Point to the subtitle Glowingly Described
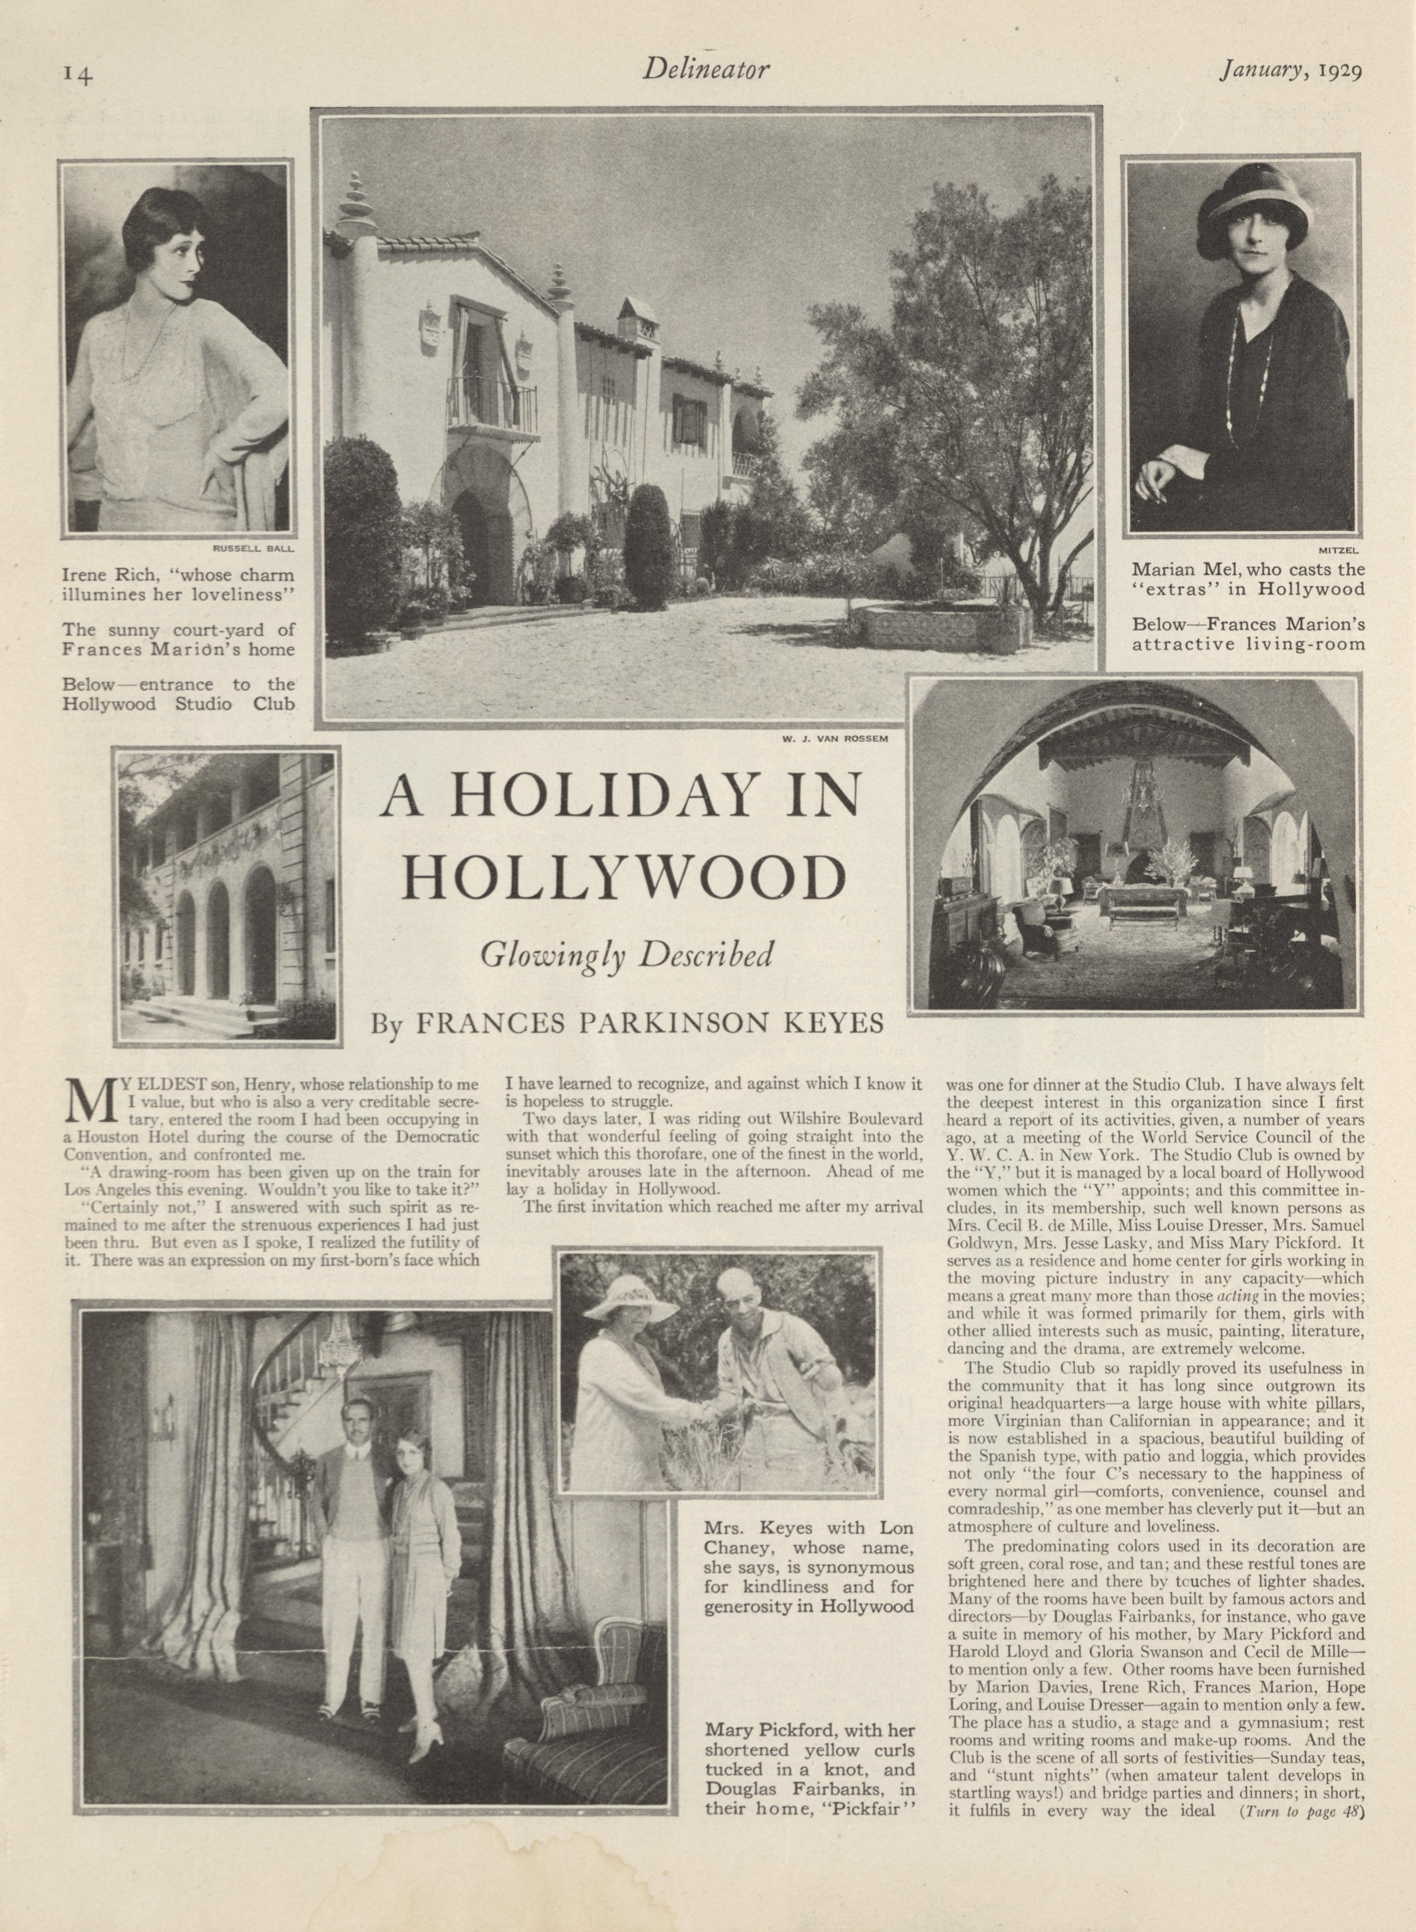627,954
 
